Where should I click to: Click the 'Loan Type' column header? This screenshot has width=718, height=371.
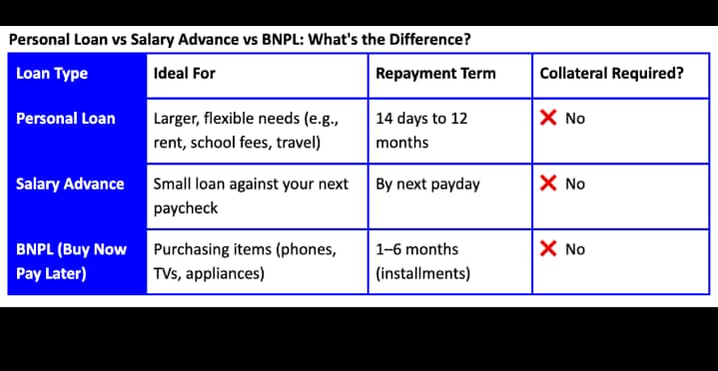[52, 73]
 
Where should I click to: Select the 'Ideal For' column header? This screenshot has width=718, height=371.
[184, 73]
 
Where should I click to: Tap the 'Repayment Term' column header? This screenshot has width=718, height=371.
[435, 73]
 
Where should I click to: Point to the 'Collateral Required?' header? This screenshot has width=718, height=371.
[611, 73]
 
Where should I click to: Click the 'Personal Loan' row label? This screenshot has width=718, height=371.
[66, 118]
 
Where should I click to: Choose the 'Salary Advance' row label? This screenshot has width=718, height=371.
[70, 184]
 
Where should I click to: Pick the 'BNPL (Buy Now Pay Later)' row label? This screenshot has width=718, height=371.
[71, 261]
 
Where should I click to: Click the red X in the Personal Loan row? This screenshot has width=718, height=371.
[548, 118]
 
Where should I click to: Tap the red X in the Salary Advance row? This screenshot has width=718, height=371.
[548, 184]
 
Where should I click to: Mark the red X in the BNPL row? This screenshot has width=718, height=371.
[548, 249]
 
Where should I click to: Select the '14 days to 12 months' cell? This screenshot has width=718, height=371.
[421, 130]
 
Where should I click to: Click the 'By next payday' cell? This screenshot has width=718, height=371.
[427, 184]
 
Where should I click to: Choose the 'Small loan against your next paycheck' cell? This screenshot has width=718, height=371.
[251, 196]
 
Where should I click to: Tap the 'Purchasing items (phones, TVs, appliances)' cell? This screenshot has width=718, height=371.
[245, 261]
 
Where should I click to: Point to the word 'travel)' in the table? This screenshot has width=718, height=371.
[295, 142]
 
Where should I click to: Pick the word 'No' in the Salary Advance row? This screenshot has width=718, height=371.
[575, 184]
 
